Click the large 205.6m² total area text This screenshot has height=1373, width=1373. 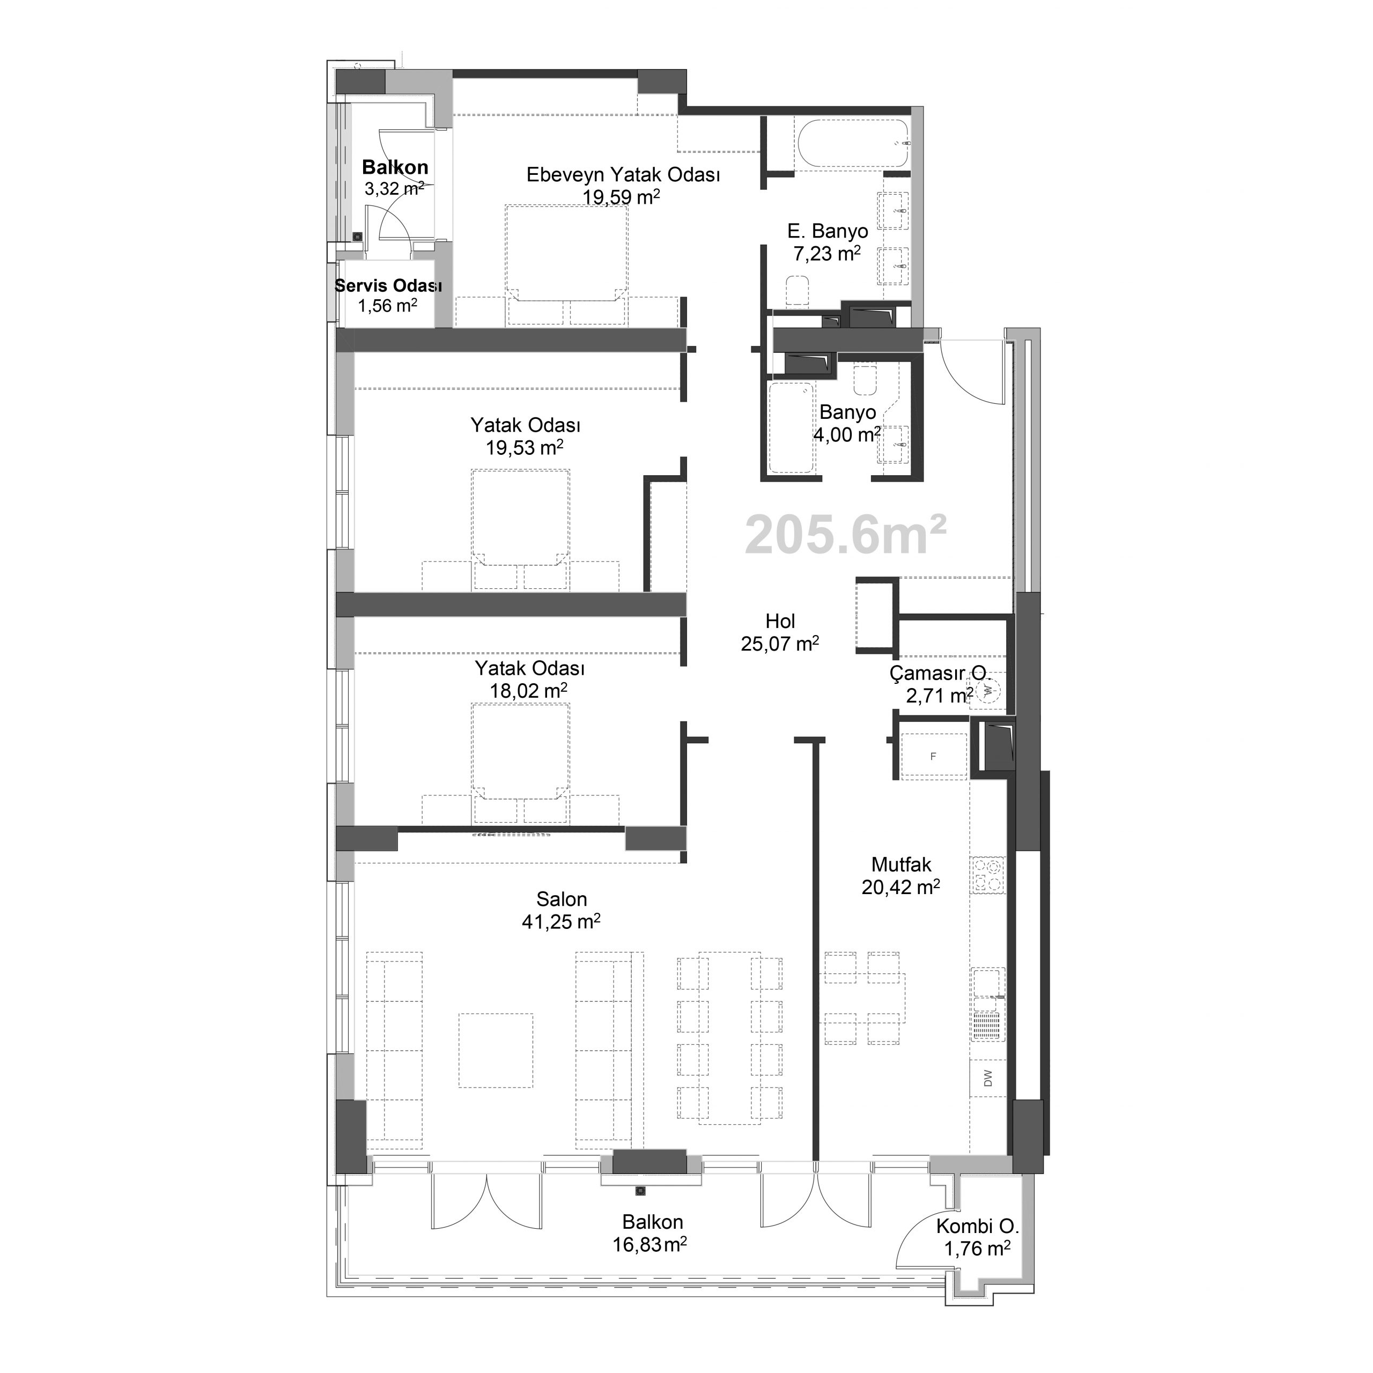(x=846, y=536)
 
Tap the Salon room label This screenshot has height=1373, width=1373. (x=562, y=899)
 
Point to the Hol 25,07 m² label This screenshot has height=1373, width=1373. (x=780, y=632)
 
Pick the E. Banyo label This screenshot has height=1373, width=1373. (x=827, y=231)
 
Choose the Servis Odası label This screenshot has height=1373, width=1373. (x=388, y=286)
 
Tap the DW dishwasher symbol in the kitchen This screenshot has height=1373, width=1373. (x=988, y=1079)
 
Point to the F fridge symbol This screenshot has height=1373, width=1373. (x=933, y=756)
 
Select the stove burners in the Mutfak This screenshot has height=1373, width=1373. (x=988, y=875)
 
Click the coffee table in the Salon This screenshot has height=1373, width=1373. (x=496, y=1050)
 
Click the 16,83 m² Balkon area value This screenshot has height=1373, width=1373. (x=649, y=1244)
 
